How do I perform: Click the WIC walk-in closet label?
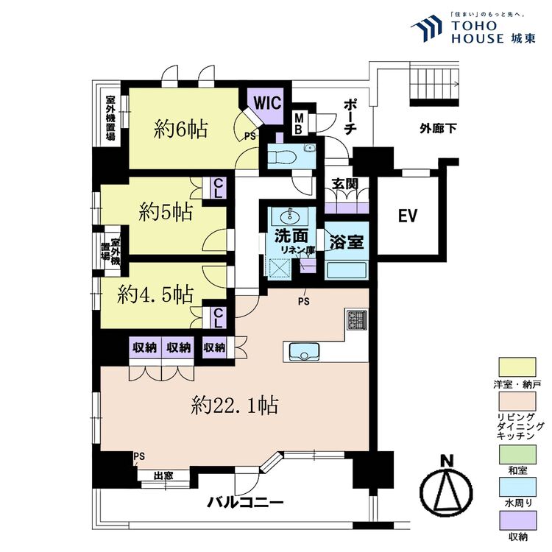[267, 102]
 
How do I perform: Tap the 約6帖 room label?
[180, 130]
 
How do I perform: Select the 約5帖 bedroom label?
[166, 212]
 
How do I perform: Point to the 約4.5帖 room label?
[156, 294]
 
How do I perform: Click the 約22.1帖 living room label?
[234, 404]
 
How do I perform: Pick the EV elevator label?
[408, 216]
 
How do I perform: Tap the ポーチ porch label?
[351, 116]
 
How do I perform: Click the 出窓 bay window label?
[163, 475]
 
